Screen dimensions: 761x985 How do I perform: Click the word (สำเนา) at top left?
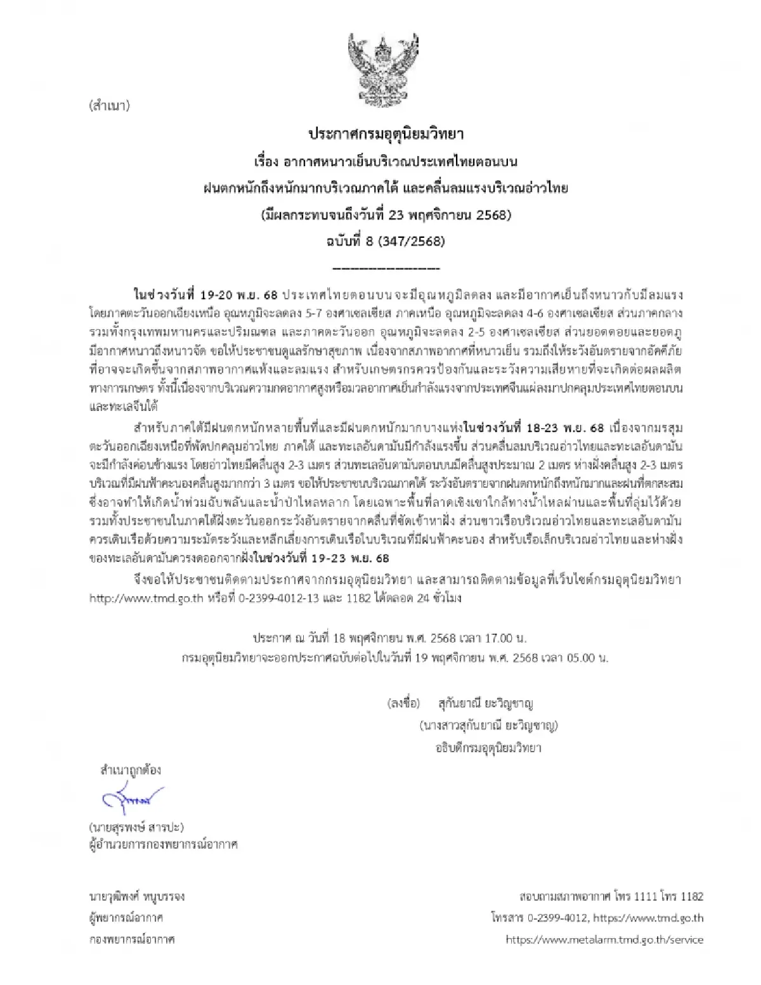(110, 106)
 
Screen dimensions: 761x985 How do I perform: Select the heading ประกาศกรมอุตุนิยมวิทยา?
(386, 134)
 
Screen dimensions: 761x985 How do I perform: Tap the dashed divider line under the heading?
(386, 268)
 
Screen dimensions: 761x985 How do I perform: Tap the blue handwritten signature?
(132, 800)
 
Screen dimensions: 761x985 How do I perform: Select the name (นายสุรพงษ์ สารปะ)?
(136, 827)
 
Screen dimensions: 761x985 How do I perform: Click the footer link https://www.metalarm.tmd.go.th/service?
(604, 940)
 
